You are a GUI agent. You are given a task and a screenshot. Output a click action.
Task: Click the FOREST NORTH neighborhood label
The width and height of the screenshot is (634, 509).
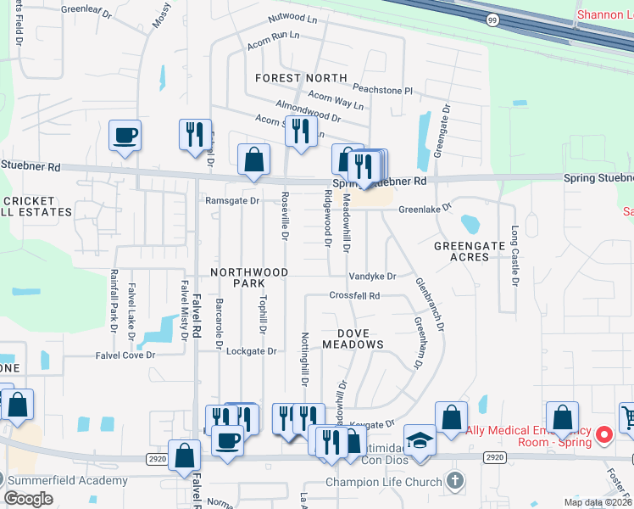[x=301, y=78]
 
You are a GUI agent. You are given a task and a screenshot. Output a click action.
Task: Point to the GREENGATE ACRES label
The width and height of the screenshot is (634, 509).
[x=461, y=250]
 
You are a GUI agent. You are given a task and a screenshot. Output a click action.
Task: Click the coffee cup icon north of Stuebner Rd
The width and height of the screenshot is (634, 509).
[x=125, y=136]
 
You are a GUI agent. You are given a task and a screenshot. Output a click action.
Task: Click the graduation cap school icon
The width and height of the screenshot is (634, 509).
[x=419, y=439]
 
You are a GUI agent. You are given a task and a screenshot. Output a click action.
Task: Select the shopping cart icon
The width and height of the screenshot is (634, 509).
[x=628, y=417]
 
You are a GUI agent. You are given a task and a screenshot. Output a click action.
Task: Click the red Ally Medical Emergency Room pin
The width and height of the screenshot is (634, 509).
[x=603, y=436]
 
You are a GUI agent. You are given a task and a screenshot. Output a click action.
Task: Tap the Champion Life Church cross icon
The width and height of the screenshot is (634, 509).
[x=454, y=481]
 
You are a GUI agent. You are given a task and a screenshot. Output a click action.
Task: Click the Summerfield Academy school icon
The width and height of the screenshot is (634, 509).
[x=8, y=481]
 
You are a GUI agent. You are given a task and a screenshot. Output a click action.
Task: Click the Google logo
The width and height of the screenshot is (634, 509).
[x=28, y=498]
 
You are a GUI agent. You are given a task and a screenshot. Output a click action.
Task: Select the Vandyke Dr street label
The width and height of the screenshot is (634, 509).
[x=372, y=277]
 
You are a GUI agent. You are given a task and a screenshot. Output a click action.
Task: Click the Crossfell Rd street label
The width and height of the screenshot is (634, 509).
[x=354, y=296]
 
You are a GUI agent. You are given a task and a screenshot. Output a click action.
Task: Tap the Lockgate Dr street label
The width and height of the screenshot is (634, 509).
[x=252, y=350]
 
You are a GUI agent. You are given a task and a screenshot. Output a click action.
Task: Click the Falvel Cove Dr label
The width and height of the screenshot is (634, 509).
[x=125, y=355]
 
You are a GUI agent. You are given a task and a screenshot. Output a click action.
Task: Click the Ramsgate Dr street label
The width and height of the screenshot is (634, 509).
[x=232, y=201]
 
